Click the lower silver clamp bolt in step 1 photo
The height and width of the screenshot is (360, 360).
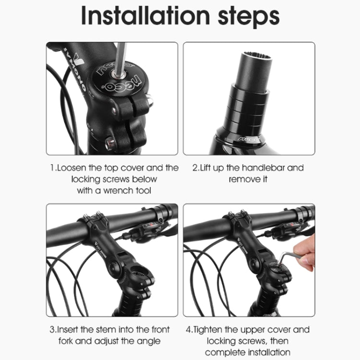tap(109, 142)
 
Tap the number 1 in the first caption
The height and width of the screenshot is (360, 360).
tap(52, 168)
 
